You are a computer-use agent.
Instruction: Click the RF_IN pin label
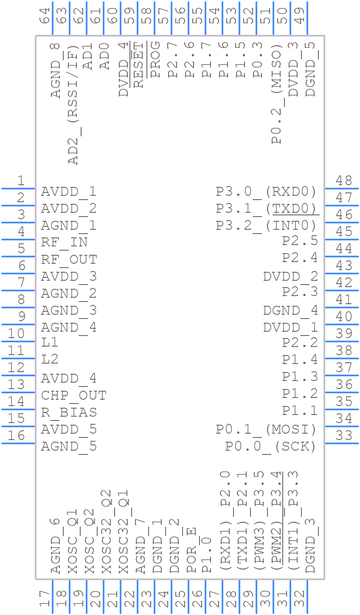tap(64, 243)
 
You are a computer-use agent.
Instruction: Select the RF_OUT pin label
tap(69, 260)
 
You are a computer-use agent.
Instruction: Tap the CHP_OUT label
tap(73, 395)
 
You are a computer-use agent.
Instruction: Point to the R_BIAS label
tap(69, 412)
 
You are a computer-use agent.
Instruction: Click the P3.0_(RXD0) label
tap(266, 192)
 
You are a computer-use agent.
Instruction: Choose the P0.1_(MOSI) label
tap(266, 429)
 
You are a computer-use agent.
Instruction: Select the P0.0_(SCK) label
tap(271, 446)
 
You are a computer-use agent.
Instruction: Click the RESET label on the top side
tap(138, 65)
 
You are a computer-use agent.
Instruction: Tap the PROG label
tap(155, 59)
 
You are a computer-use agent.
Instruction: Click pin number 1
tap(20, 181)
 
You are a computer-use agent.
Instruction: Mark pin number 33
tap(344, 435)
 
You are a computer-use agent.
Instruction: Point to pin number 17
tap(44, 599)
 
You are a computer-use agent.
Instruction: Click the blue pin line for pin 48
tap(342, 188)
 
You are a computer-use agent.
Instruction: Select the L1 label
tap(50, 342)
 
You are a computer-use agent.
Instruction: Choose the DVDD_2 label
tap(290, 276)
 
